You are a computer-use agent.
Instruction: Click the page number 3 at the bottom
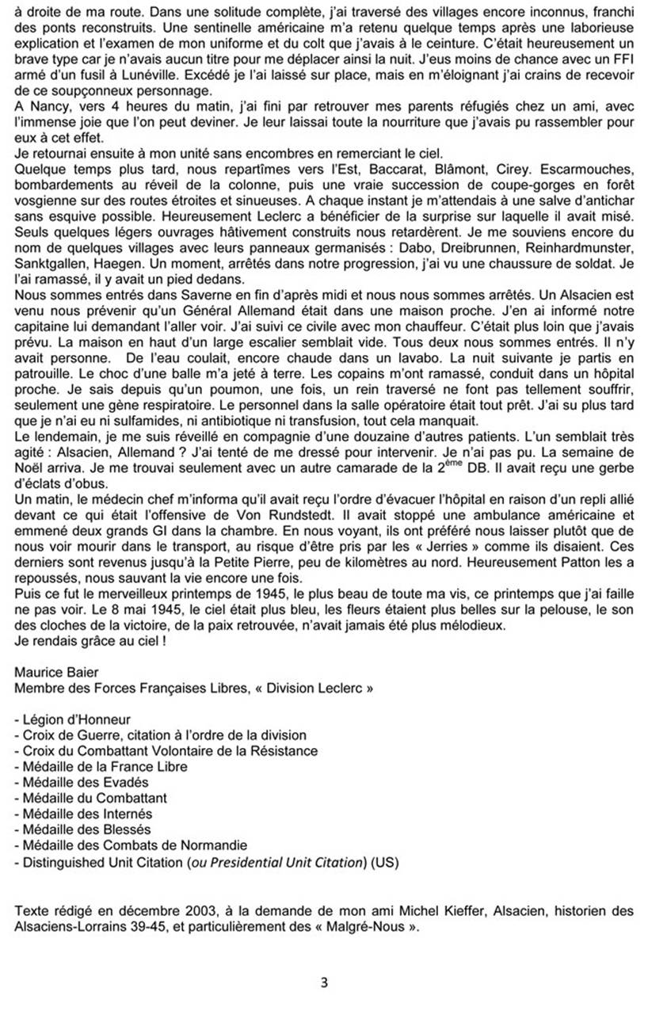[x=324, y=983]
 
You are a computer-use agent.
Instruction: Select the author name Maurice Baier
[x=53, y=673]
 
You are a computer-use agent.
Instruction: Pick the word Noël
[x=30, y=451]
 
